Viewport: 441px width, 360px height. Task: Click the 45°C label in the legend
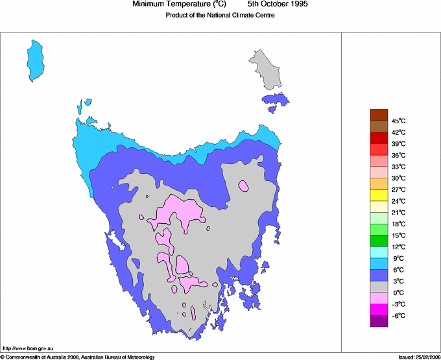[x=398, y=121]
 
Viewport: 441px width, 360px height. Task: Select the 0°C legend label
[x=398, y=293]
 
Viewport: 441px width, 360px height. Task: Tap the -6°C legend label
[x=398, y=315]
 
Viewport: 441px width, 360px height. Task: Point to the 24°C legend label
[x=398, y=201]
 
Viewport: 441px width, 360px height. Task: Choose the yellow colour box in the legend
[x=379, y=195]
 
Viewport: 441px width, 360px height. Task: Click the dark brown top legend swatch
[x=379, y=115]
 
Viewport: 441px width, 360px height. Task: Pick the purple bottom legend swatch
[x=379, y=321]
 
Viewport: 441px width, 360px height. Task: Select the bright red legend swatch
[x=379, y=138]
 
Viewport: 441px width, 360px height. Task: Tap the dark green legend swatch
[x=379, y=241]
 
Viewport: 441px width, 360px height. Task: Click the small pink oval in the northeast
[x=243, y=186]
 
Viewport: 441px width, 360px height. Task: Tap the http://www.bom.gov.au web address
[x=27, y=348]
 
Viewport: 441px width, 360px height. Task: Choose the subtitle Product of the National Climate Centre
[x=220, y=16]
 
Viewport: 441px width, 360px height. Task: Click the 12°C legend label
[x=398, y=247]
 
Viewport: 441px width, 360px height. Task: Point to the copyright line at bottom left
[x=78, y=357]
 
